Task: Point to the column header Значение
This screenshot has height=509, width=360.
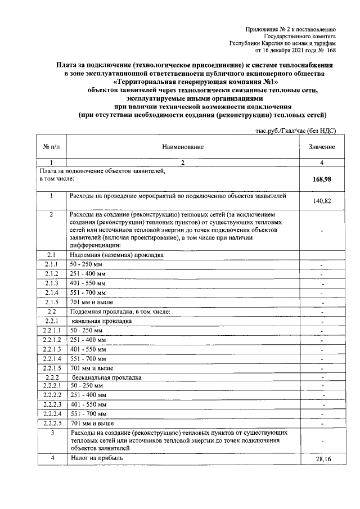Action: pyautogui.click(x=321, y=147)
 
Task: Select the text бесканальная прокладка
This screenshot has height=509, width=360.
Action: pyautogui.click(x=106, y=377)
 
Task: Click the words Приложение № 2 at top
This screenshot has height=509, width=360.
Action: pyautogui.click(x=267, y=28)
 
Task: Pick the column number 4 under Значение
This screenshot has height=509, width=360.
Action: pyautogui.click(x=321, y=163)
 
